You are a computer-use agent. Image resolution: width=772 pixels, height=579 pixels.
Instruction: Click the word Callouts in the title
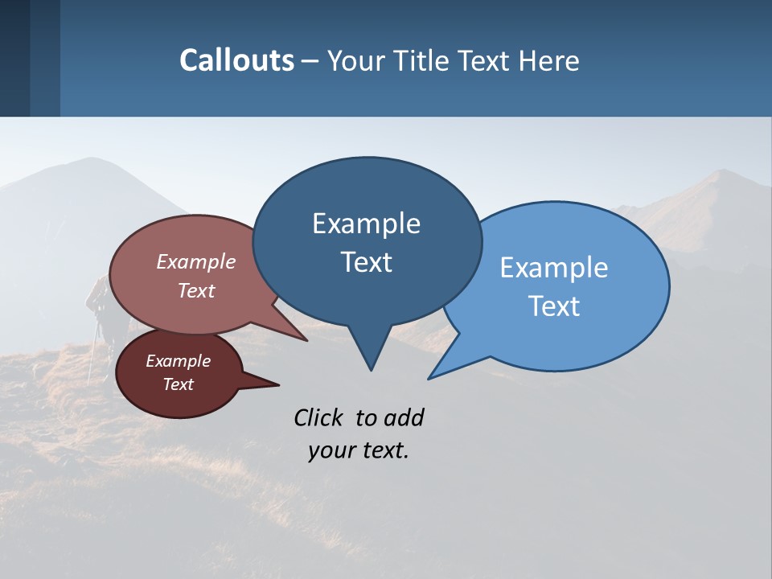(x=237, y=60)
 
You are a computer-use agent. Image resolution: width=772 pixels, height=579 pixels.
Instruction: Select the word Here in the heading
(x=552, y=61)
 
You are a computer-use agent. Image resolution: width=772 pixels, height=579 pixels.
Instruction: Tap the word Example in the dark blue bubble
(x=366, y=223)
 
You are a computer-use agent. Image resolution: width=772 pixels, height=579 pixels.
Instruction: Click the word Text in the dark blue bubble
(x=366, y=262)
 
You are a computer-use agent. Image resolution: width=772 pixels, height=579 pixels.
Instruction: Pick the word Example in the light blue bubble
(x=554, y=267)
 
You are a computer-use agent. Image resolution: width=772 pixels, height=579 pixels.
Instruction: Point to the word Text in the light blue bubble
(x=554, y=306)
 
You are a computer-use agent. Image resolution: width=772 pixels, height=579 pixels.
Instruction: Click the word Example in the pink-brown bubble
(x=196, y=261)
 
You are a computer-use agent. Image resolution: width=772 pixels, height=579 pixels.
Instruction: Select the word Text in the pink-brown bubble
(x=196, y=290)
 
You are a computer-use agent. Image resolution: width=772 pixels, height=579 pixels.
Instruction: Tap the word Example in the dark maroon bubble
(x=179, y=361)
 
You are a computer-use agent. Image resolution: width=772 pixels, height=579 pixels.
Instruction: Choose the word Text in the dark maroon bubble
(x=179, y=384)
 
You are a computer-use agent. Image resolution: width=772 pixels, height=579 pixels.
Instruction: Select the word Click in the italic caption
(x=319, y=417)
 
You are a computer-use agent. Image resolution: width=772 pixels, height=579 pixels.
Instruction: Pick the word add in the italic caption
(x=404, y=417)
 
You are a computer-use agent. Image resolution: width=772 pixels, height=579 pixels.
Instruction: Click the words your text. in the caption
(x=359, y=450)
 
